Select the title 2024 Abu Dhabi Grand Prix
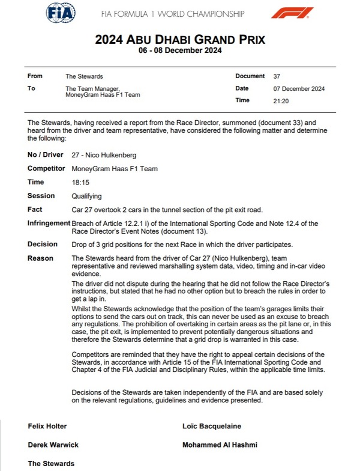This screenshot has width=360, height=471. (180, 40)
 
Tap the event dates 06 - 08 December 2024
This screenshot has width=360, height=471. (180, 51)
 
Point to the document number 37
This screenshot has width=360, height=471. (277, 76)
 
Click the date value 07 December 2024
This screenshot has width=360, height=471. (298, 88)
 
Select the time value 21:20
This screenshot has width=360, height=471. (281, 100)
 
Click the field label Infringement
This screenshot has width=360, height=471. (47, 223)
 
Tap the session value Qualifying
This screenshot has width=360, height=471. (86, 196)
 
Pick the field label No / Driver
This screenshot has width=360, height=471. (46, 155)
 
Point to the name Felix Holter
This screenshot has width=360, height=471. (47, 427)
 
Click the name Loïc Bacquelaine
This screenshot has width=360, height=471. (211, 427)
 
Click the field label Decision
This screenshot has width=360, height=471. (43, 245)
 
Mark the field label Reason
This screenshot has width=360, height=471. (41, 258)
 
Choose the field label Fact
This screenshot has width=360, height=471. (35, 210)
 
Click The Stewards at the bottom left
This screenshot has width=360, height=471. (51, 464)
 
